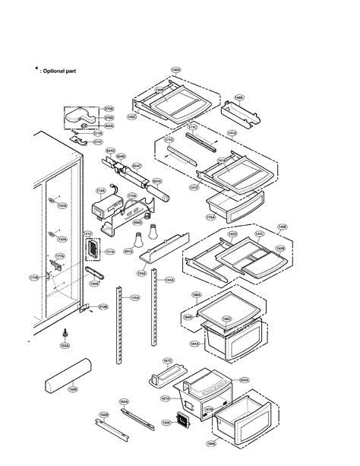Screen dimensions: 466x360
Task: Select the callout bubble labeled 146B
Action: [239, 97]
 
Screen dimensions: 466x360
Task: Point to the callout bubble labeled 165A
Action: [194, 344]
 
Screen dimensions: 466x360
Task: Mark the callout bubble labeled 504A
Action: [244, 379]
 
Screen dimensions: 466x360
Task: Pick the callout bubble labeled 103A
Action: [65, 345]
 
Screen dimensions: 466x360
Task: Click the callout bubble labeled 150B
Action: [73, 390]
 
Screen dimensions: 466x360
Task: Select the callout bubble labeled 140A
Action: [175, 70]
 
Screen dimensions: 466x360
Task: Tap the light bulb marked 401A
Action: [141, 240]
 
